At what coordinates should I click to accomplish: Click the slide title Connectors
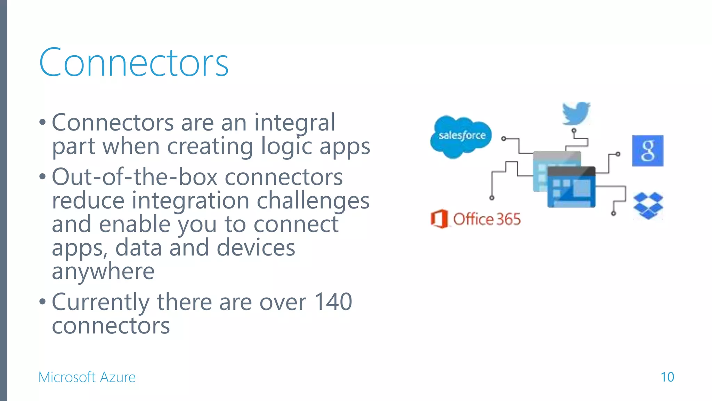pyautogui.click(x=134, y=63)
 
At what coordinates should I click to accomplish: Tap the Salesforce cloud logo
pyautogui.click(x=461, y=136)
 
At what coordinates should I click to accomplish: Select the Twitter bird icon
pyautogui.click(x=576, y=113)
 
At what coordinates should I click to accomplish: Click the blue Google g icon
pyautogui.click(x=647, y=151)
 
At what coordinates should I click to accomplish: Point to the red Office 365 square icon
pyautogui.click(x=439, y=219)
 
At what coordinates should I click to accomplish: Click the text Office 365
pyautogui.click(x=487, y=219)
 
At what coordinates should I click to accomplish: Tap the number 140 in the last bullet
pyautogui.click(x=333, y=301)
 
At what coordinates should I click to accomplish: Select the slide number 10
pyautogui.click(x=667, y=377)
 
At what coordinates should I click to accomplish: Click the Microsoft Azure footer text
pyautogui.click(x=87, y=377)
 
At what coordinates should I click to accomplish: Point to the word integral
pyautogui.click(x=294, y=123)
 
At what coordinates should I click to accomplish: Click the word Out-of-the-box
pyautogui.click(x=135, y=177)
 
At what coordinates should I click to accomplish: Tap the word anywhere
pyautogui.click(x=103, y=271)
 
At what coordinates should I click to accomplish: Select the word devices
pyautogui.click(x=256, y=247)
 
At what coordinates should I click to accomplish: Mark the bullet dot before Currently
pyautogui.click(x=42, y=301)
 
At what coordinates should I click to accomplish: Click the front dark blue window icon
pyautogui.click(x=571, y=187)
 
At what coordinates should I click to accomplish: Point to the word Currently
pyautogui.click(x=101, y=302)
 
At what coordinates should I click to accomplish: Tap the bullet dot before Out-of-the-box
pyautogui.click(x=42, y=177)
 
